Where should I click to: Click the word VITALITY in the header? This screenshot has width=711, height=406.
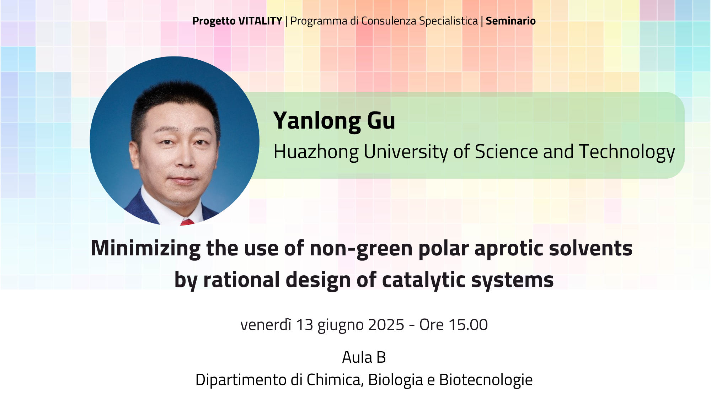(x=260, y=21)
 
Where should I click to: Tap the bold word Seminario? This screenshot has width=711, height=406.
(x=511, y=21)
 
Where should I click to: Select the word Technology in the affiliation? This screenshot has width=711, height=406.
(x=627, y=152)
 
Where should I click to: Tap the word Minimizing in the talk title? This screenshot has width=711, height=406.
(x=146, y=249)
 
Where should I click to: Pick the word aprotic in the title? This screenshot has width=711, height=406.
(x=509, y=249)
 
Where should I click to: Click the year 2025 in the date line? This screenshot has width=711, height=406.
(x=386, y=325)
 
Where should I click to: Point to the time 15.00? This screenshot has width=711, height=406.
(x=468, y=325)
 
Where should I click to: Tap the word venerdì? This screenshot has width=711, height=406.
(x=266, y=325)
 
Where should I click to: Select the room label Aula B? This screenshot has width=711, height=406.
(x=364, y=357)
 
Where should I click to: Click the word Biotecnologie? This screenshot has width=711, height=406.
(x=486, y=380)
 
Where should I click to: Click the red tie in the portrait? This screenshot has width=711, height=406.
(x=187, y=222)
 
